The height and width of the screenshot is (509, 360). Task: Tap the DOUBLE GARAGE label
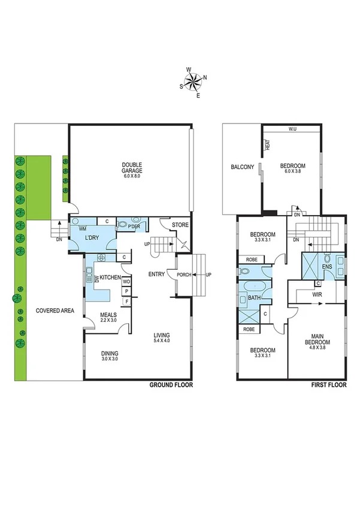tap(131, 170)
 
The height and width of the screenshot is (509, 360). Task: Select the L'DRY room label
tap(92, 238)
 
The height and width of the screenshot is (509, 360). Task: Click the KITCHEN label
tap(111, 278)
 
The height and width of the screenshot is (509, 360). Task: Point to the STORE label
tap(180, 225)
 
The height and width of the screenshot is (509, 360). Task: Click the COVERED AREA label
tap(55, 311)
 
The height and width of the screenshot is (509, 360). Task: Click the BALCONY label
tap(243, 167)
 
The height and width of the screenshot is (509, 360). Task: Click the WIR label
tap(317, 295)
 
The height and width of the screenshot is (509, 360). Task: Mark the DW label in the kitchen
tap(96, 279)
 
